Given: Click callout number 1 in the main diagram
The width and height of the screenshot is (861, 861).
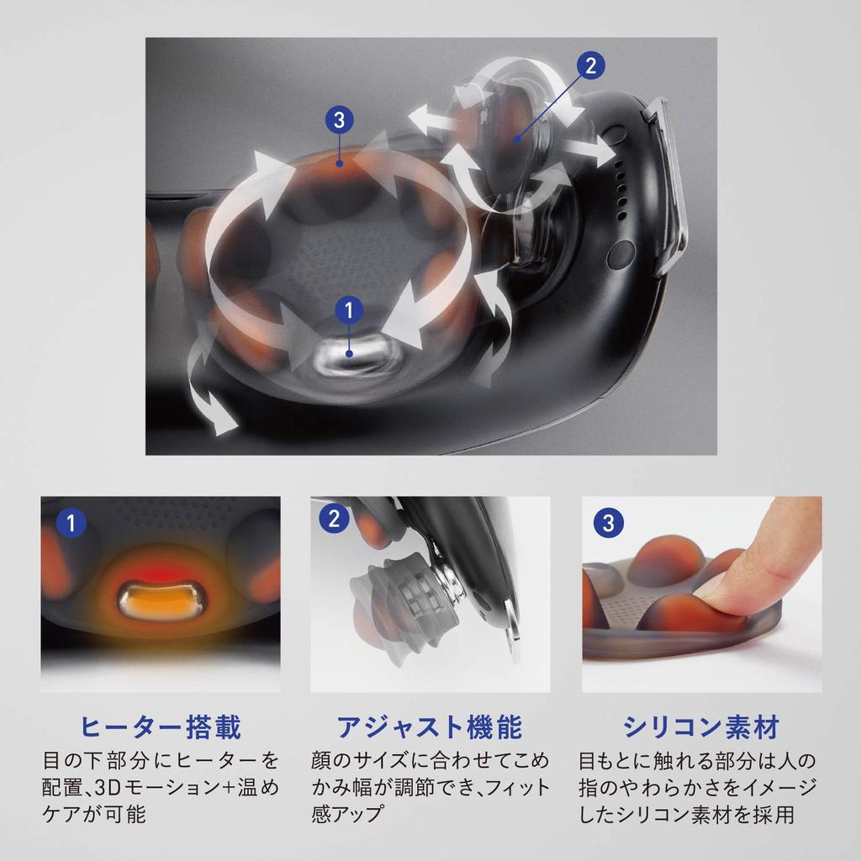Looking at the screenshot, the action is pos(349,310).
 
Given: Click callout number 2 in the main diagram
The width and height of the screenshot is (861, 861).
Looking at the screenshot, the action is pos(591,66).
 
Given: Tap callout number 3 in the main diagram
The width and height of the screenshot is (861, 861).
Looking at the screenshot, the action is pos(339,119).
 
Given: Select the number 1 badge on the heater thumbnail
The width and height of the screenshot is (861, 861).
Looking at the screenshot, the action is pos(71,523).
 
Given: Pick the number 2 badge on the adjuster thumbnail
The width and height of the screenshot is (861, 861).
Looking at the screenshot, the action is pos(334,519).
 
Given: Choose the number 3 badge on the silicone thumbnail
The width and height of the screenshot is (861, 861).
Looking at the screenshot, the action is pos(609,523).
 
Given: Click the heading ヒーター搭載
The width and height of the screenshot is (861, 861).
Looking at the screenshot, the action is pos(161,727).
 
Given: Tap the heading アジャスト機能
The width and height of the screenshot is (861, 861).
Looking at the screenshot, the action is pos(430,727).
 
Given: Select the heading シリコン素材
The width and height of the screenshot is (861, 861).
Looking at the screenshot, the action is pos(702,727).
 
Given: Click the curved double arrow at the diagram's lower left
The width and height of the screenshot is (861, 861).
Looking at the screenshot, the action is pos(211,384).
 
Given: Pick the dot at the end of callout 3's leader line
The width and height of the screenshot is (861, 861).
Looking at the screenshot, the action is pos(340,163).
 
